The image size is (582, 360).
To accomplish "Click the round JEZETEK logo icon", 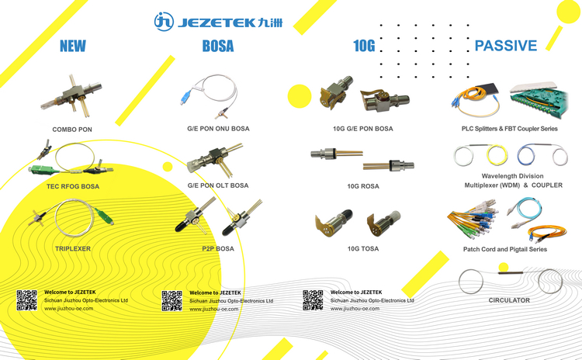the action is point(164,22).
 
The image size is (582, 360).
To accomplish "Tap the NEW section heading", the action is point(73,46).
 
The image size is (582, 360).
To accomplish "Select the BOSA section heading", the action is point(218,46).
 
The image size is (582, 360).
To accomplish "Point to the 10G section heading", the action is point(364,46).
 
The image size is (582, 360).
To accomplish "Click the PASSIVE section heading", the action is point(505,46).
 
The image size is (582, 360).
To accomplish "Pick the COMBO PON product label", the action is point(72,130).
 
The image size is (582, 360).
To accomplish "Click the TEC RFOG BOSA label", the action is point(73,186).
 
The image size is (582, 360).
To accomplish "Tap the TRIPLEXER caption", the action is point(73,248).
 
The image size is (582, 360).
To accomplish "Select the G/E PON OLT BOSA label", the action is point(218,185).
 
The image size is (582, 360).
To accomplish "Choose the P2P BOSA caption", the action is point(218,248).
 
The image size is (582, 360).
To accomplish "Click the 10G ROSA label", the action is point(363,186).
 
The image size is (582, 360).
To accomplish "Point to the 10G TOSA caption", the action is point(363,248).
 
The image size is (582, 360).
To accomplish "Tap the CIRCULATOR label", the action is point(509,300).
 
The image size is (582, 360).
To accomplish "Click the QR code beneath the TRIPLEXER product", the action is point(26,300).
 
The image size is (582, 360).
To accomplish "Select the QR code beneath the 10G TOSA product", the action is point(313,300).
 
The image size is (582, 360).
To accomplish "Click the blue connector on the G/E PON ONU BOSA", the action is point(185,98).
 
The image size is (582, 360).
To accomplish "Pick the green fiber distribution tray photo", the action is point(539,99).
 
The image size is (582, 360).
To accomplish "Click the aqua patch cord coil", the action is point(525,211).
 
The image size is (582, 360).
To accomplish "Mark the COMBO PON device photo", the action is point(72,95).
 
